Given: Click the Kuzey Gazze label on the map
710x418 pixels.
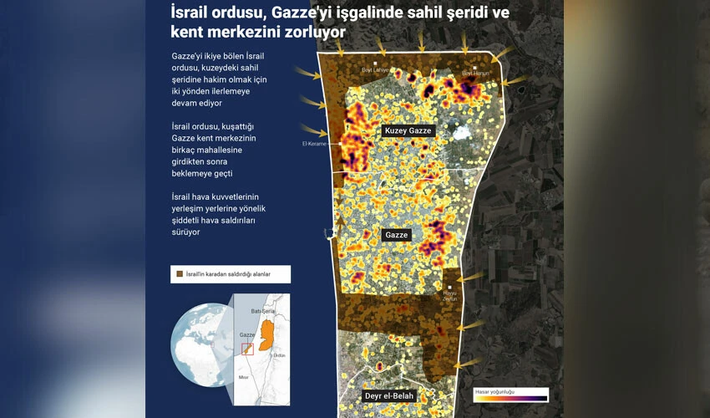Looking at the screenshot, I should [408, 131].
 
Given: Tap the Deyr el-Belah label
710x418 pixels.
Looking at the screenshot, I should [390, 395].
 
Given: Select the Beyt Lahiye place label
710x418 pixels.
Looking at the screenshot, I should [375, 70].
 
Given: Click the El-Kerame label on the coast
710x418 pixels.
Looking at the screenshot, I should [314, 143].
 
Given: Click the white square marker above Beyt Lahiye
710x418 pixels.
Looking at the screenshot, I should [375, 64].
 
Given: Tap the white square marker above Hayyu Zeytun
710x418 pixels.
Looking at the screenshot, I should [450, 287].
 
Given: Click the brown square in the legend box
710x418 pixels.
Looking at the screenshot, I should [179, 273].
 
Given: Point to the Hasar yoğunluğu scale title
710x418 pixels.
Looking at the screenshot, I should [494, 390].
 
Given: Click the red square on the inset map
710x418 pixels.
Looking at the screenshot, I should [247, 349].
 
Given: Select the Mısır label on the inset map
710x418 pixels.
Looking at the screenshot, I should [243, 377].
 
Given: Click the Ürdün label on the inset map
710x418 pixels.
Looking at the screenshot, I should [280, 354].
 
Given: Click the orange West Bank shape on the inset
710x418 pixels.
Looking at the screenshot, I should [268, 329].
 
